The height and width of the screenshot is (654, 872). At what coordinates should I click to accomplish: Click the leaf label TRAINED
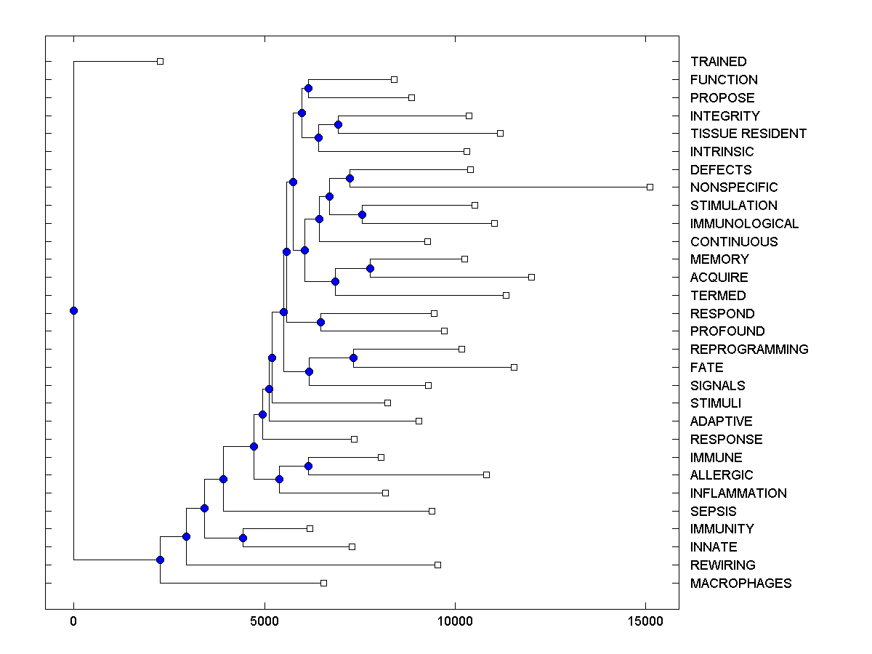718,62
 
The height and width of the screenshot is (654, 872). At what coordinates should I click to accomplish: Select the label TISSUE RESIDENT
748,134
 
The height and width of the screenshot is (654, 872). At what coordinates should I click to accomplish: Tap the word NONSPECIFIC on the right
734,187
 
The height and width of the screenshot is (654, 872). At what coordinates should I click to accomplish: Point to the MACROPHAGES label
740,584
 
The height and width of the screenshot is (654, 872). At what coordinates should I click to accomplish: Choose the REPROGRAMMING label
749,350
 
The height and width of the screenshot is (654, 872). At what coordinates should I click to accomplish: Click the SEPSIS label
713,512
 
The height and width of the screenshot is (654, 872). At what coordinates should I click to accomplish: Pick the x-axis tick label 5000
265,621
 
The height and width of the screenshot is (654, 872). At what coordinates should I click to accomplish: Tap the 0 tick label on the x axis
73,621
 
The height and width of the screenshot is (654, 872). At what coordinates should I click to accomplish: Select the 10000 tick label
455,621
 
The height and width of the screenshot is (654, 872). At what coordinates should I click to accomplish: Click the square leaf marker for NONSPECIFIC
650,187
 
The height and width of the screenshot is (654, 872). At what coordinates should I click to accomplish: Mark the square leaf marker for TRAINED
161,61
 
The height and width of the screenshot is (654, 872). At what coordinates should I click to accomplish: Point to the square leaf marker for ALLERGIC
486,475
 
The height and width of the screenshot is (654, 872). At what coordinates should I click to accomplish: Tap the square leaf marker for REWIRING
437,565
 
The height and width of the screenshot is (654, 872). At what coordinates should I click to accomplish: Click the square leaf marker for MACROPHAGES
323,583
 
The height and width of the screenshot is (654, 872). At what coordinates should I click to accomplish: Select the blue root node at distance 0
73,310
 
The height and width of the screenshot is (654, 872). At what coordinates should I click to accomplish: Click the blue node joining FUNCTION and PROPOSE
308,88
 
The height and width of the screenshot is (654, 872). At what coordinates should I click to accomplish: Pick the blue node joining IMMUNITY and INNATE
243,538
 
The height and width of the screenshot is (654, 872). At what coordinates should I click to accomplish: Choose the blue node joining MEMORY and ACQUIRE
370,268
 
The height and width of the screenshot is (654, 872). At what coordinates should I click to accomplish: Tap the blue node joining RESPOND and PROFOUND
320,322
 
